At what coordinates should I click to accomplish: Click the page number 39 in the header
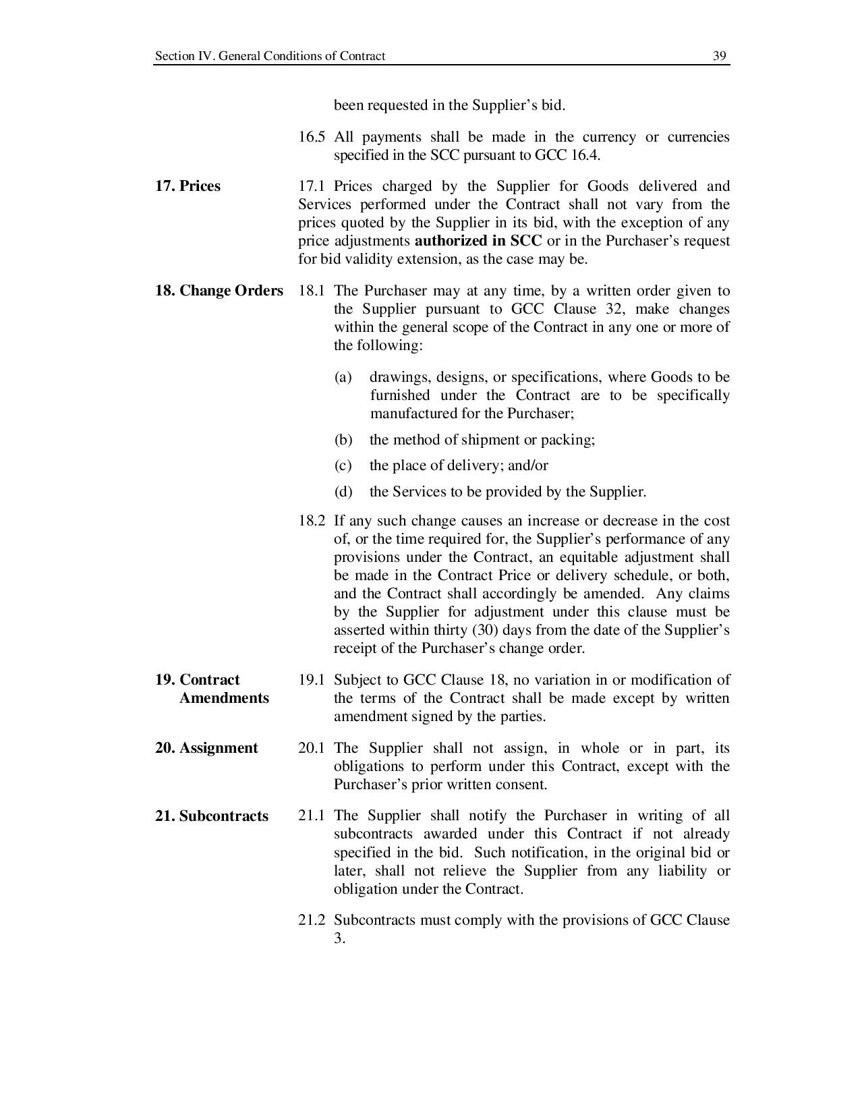tap(720, 56)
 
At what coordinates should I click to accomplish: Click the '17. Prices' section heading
tap(188, 186)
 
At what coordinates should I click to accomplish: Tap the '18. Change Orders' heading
tap(219, 291)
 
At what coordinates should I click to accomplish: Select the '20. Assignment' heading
tap(206, 748)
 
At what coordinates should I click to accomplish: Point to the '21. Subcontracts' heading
tap(212, 816)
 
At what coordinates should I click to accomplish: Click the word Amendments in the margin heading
tap(224, 698)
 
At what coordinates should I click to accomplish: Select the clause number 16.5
tap(311, 137)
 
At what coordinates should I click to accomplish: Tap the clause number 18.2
tap(311, 521)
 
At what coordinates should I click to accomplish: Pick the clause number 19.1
tap(311, 680)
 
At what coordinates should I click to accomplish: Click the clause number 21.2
tap(311, 920)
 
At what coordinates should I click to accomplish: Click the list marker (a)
tap(343, 377)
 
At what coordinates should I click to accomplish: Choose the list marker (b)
tap(343, 440)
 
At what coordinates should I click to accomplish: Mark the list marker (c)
tap(343, 465)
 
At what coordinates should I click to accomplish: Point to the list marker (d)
tap(343, 492)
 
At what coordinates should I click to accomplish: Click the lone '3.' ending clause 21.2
tap(339, 938)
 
